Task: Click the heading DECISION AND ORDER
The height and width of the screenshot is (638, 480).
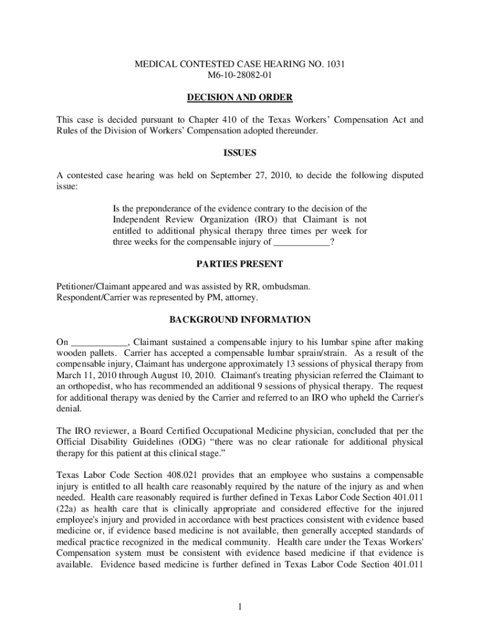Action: click(240, 98)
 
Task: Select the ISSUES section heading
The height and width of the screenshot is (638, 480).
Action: click(240, 153)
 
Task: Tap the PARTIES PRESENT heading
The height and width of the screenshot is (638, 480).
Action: click(240, 264)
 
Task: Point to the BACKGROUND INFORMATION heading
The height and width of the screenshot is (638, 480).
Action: click(240, 320)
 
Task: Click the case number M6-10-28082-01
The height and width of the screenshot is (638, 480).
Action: click(240, 75)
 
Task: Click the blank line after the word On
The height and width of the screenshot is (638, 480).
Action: click(99, 343)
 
